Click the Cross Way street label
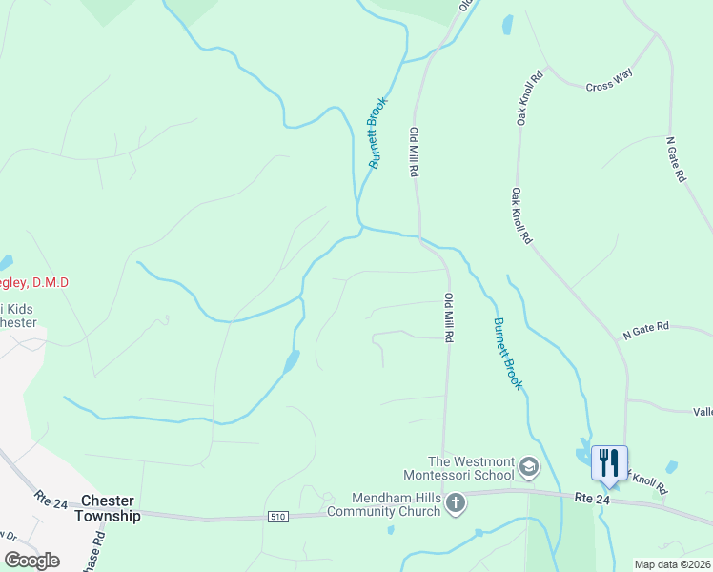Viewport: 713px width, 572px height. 609,85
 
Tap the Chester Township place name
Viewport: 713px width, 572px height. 111,508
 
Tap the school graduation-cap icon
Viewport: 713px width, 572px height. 529,468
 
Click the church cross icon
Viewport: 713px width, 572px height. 457,502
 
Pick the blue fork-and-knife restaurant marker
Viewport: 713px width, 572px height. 609,463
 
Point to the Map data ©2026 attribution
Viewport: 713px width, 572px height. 673,564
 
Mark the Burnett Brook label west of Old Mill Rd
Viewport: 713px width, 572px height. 378,133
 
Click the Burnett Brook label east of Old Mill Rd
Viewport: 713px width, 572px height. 507,353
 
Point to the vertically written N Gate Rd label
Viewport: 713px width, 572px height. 676,159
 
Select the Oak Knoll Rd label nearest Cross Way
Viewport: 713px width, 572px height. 530,98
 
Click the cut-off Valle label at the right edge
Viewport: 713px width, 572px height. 703,411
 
